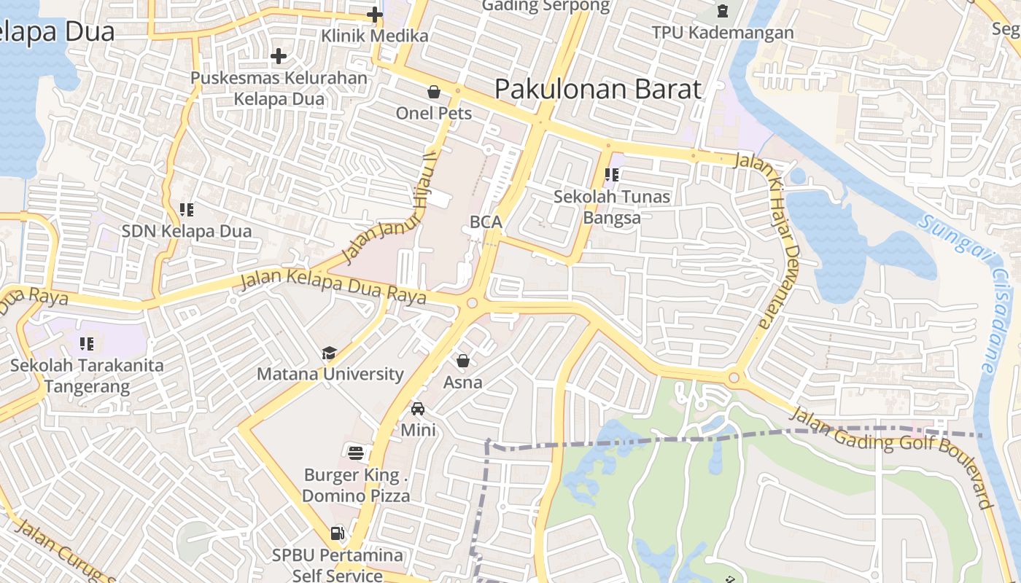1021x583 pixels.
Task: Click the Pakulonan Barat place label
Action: pyautogui.click(x=598, y=89)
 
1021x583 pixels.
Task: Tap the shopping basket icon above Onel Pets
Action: pyautogui.click(x=434, y=92)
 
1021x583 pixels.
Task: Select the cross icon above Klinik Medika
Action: pyautogui.click(x=375, y=14)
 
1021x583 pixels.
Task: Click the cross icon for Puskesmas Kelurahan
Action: pyautogui.click(x=278, y=56)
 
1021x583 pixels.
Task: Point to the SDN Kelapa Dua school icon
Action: pyautogui.click(x=187, y=210)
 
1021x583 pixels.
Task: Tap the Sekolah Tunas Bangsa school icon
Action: pyautogui.click(x=612, y=175)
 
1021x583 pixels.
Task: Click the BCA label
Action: pyautogui.click(x=486, y=222)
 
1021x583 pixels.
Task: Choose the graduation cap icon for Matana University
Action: pyautogui.click(x=330, y=353)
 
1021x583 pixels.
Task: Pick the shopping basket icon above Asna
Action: pyautogui.click(x=462, y=361)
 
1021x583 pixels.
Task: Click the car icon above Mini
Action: pyautogui.click(x=418, y=409)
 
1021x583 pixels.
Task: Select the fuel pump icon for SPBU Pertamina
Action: pyautogui.click(x=337, y=533)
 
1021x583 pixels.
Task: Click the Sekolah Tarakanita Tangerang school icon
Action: pyautogui.click(x=87, y=343)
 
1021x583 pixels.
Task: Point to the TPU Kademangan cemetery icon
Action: pyautogui.click(x=722, y=11)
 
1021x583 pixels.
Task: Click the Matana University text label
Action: pyautogui.click(x=330, y=374)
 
